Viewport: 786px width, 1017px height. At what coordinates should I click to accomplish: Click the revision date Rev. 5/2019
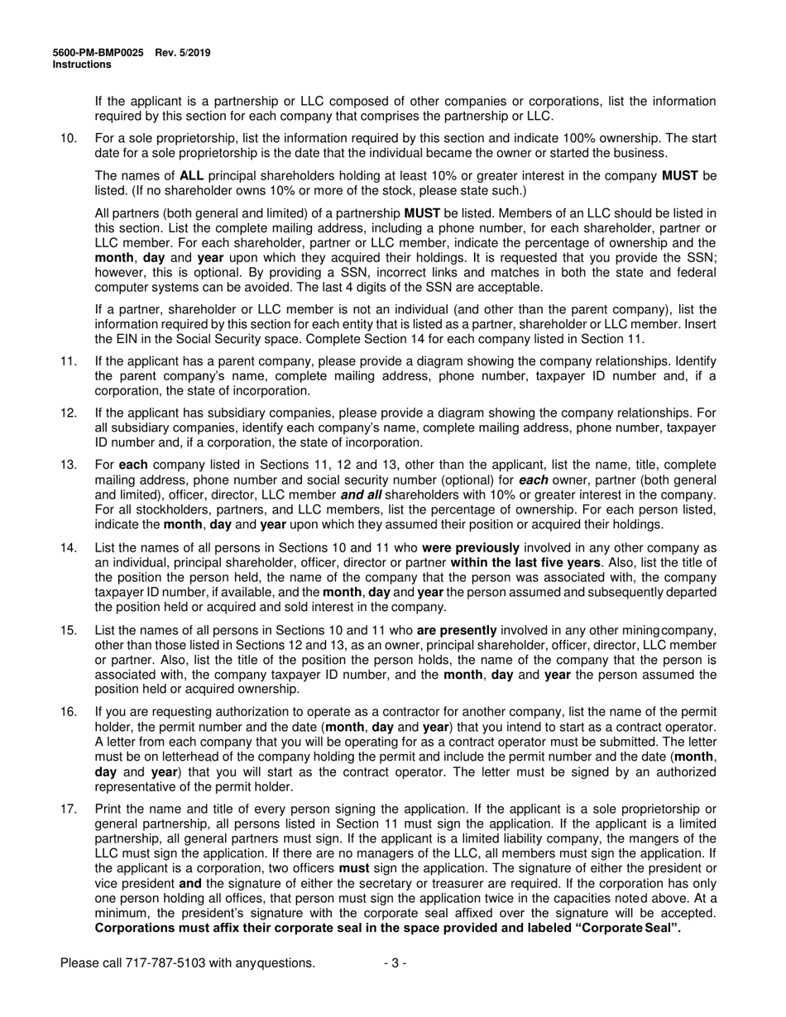pos(183,53)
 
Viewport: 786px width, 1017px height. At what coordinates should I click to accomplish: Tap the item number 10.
pos(69,138)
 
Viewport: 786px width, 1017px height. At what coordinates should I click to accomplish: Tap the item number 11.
pos(69,361)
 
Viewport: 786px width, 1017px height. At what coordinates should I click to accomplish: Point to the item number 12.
pos(69,413)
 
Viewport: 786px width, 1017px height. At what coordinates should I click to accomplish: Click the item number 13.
pos(69,465)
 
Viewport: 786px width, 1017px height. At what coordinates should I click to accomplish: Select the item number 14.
pos(69,547)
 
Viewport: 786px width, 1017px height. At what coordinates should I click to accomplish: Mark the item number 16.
pos(69,712)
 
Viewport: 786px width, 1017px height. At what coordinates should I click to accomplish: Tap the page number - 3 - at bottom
pos(395,962)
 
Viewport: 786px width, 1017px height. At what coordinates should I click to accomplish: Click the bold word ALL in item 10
pos(192,176)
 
